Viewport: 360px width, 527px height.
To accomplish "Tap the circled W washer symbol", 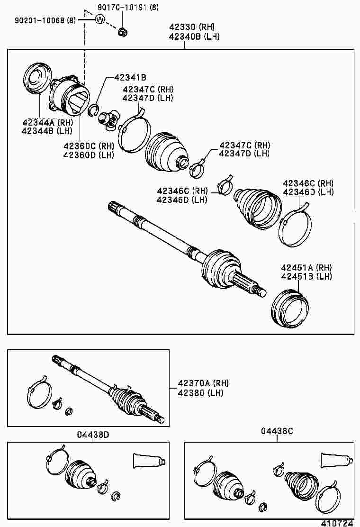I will (99, 19).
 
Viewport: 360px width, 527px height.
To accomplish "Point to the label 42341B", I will (129, 77).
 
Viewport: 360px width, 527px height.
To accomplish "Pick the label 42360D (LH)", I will (89, 154).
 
